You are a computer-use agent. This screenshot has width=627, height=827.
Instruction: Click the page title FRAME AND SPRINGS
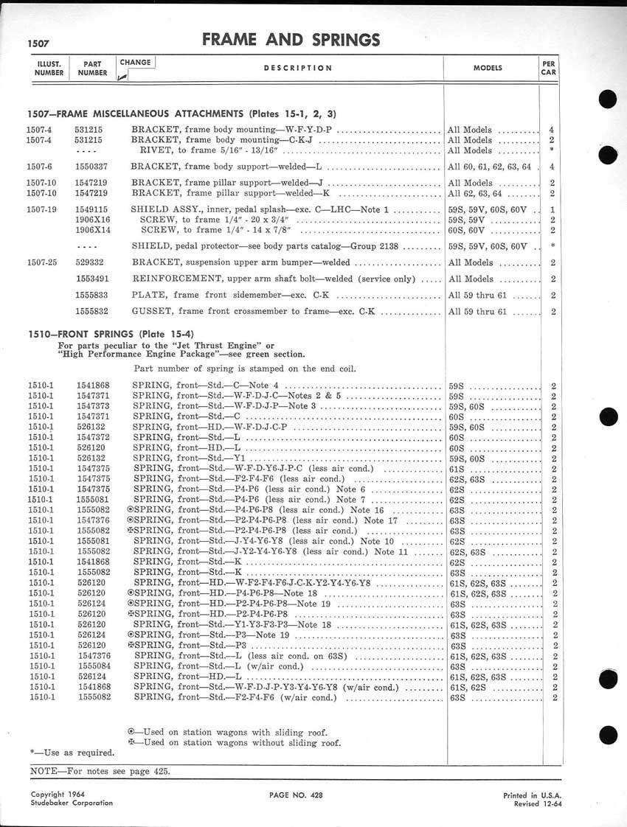(291, 40)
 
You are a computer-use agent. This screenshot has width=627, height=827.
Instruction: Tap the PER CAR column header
(548, 68)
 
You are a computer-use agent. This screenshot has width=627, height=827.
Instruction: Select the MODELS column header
(487, 68)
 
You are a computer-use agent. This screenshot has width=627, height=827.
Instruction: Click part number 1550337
(92, 167)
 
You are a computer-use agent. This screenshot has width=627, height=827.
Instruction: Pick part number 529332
(90, 262)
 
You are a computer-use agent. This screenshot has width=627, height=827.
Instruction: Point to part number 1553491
(92, 279)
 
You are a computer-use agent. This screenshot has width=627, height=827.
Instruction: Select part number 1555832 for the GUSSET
(92, 312)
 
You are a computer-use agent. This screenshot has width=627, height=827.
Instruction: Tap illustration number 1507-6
(41, 167)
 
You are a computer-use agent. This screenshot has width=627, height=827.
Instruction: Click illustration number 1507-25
(44, 262)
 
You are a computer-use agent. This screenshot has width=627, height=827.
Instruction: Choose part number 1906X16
(93, 219)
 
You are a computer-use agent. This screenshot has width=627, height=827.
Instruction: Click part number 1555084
(92, 666)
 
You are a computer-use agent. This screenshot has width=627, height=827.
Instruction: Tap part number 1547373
(92, 406)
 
